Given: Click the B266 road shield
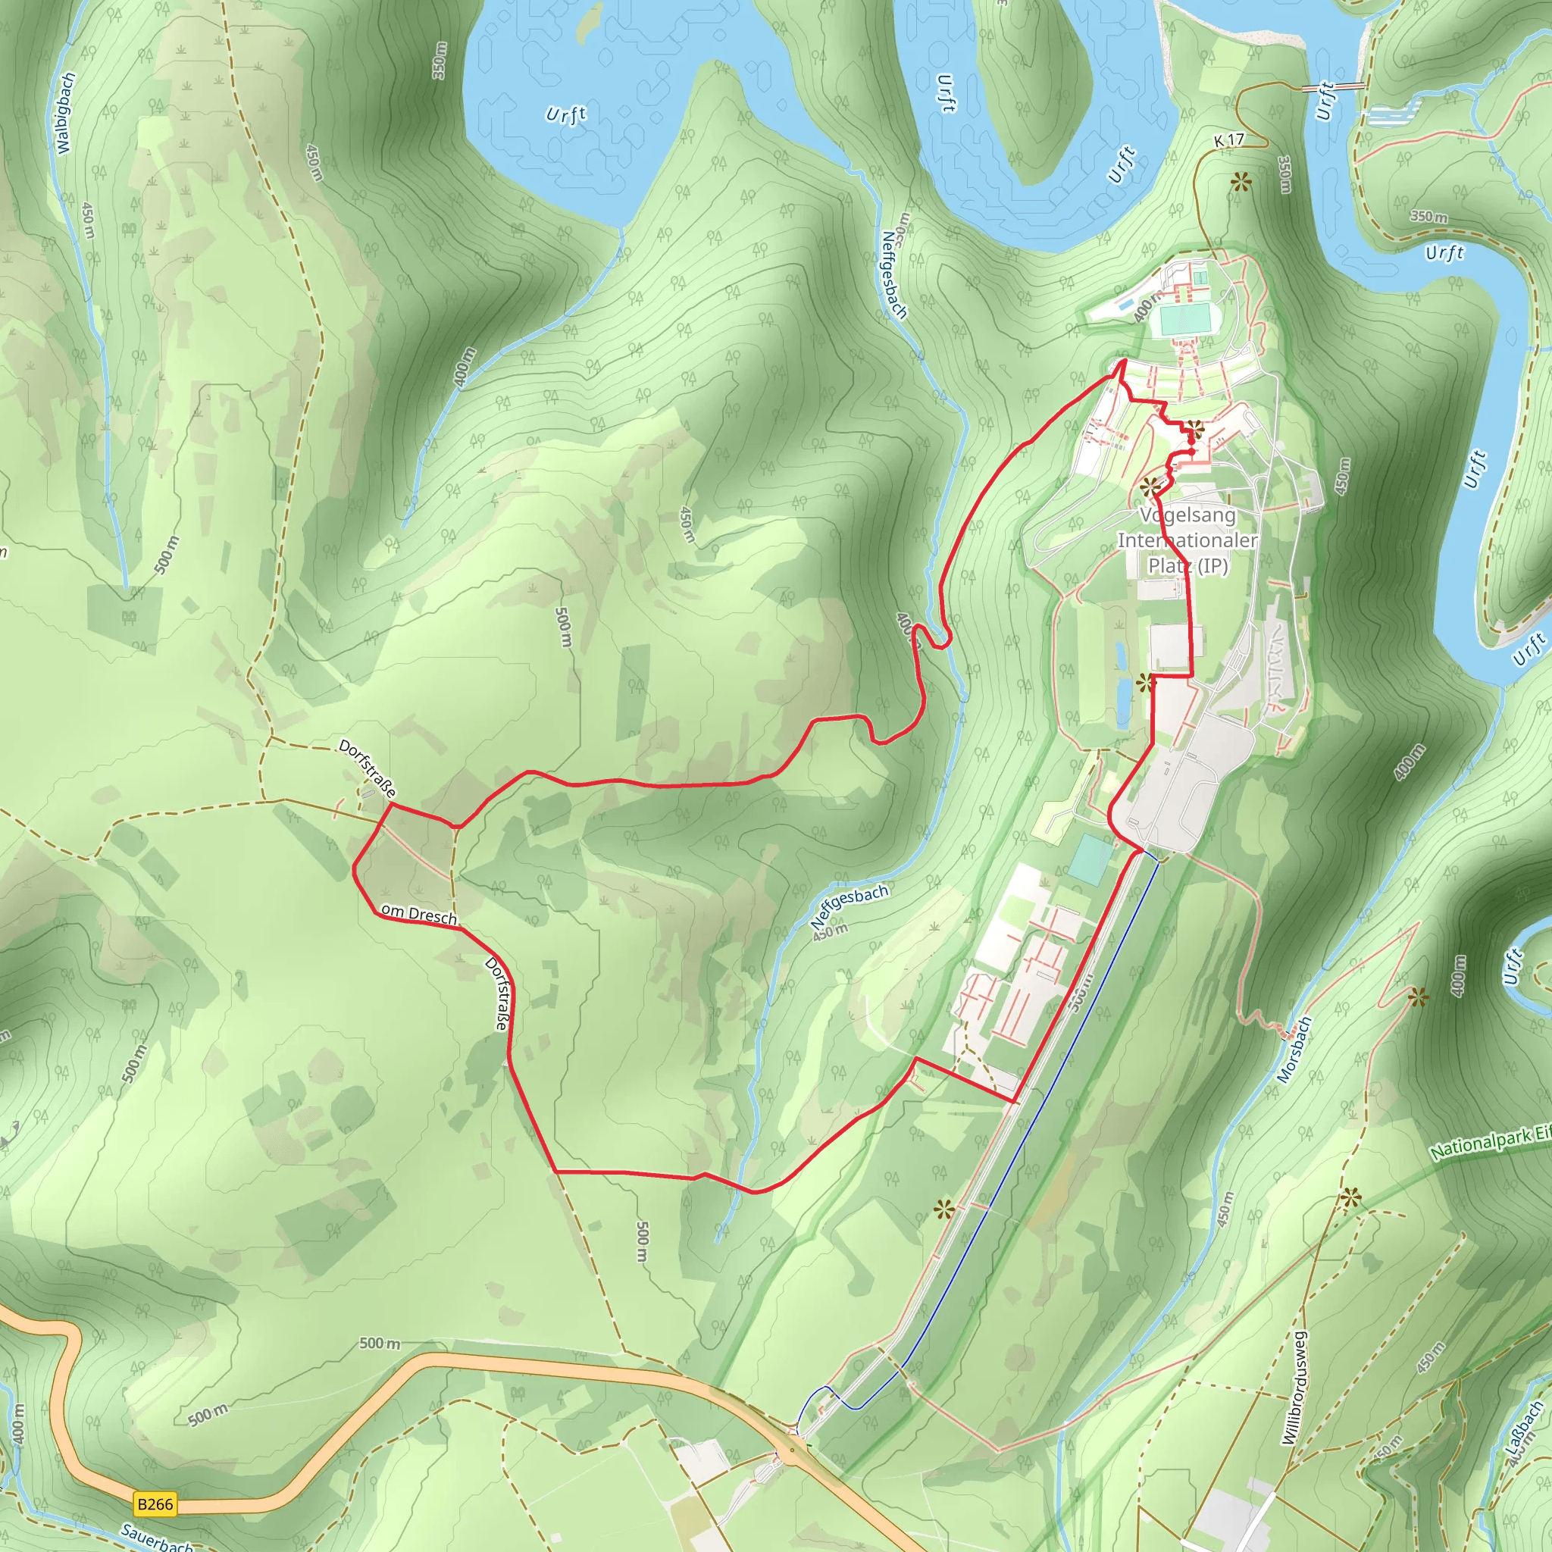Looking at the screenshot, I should pos(155,1503).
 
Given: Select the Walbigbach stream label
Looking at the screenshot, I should pos(66,112).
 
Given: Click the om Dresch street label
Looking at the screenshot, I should pos(418,913).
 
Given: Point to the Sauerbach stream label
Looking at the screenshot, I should pos(157,1536).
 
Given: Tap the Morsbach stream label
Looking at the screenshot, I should pos(1294,1049).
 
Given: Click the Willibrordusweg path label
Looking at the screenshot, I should pos(1294,1388).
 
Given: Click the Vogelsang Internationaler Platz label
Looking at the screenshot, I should pos(1187,540).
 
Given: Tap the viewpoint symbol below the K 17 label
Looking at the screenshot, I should pos(1241,183).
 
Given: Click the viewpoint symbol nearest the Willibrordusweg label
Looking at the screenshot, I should pos(1350,1200).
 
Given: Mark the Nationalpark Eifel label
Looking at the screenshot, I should pos(1490,1141).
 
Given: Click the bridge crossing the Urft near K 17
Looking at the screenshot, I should pos(1333,86).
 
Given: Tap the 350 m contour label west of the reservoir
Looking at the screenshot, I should pos(439,61).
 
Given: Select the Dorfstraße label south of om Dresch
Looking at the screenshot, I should pos(497,993).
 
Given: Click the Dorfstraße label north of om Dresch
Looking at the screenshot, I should pos(367,768).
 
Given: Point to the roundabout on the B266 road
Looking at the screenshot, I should pos(792,1450).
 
